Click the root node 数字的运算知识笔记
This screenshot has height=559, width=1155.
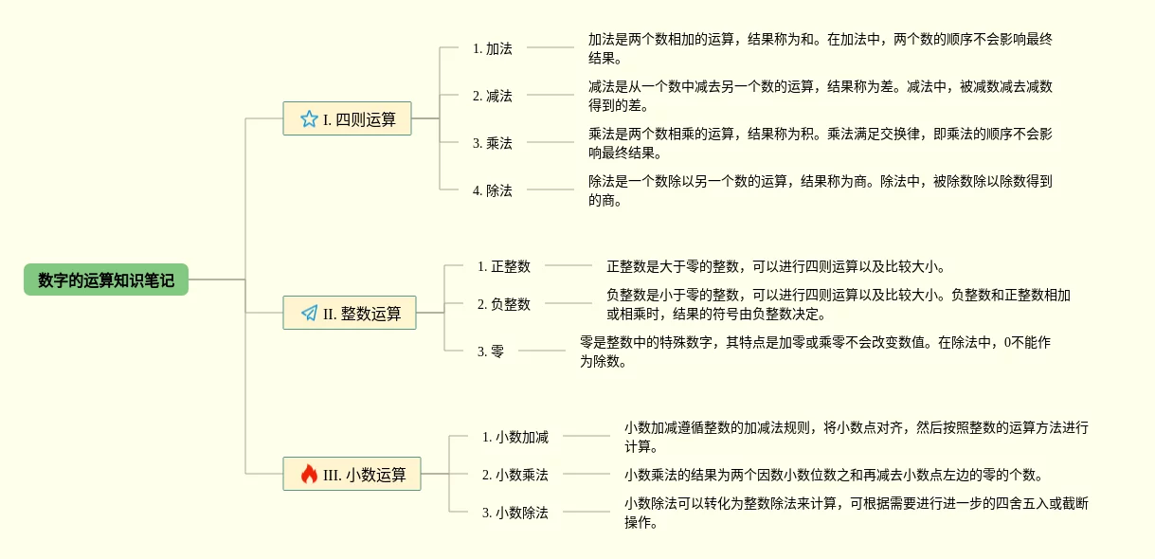pos(106,279)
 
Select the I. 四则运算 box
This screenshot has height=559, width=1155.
pos(347,118)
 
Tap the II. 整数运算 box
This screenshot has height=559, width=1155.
pos(350,313)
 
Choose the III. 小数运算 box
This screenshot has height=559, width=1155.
pos(352,474)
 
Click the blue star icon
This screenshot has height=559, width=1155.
pos(309,119)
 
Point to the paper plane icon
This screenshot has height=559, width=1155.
pos(310,313)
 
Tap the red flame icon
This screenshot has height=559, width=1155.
pos(310,474)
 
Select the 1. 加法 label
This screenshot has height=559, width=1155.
pos(493,48)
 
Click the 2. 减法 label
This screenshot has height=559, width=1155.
pos(493,96)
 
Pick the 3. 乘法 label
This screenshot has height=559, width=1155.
pos(493,143)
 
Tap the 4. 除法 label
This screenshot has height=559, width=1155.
pos(493,190)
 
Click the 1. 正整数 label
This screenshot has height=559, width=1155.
pos(504,266)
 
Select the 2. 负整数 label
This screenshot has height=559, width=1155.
pos(504,304)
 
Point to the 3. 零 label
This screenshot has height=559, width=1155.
pos(491,352)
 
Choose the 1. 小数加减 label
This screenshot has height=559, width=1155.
pos(515,437)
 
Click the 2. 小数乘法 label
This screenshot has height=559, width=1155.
pos(515,475)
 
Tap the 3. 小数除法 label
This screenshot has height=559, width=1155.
pos(515,513)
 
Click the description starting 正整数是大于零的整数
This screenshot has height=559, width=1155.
pos(776,266)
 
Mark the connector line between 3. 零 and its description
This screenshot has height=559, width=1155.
pos(542,351)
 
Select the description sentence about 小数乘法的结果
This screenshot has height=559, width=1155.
pos(833,475)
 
